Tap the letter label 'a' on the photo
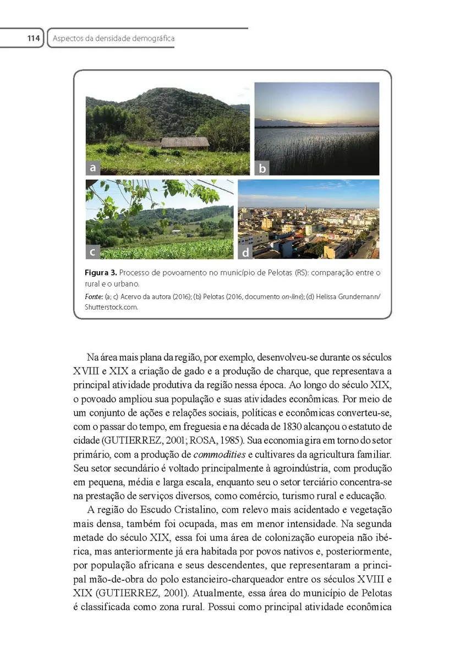93,167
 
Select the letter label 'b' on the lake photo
262,168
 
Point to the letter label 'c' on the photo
93,251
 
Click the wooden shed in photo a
184,142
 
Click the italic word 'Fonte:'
94,297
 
